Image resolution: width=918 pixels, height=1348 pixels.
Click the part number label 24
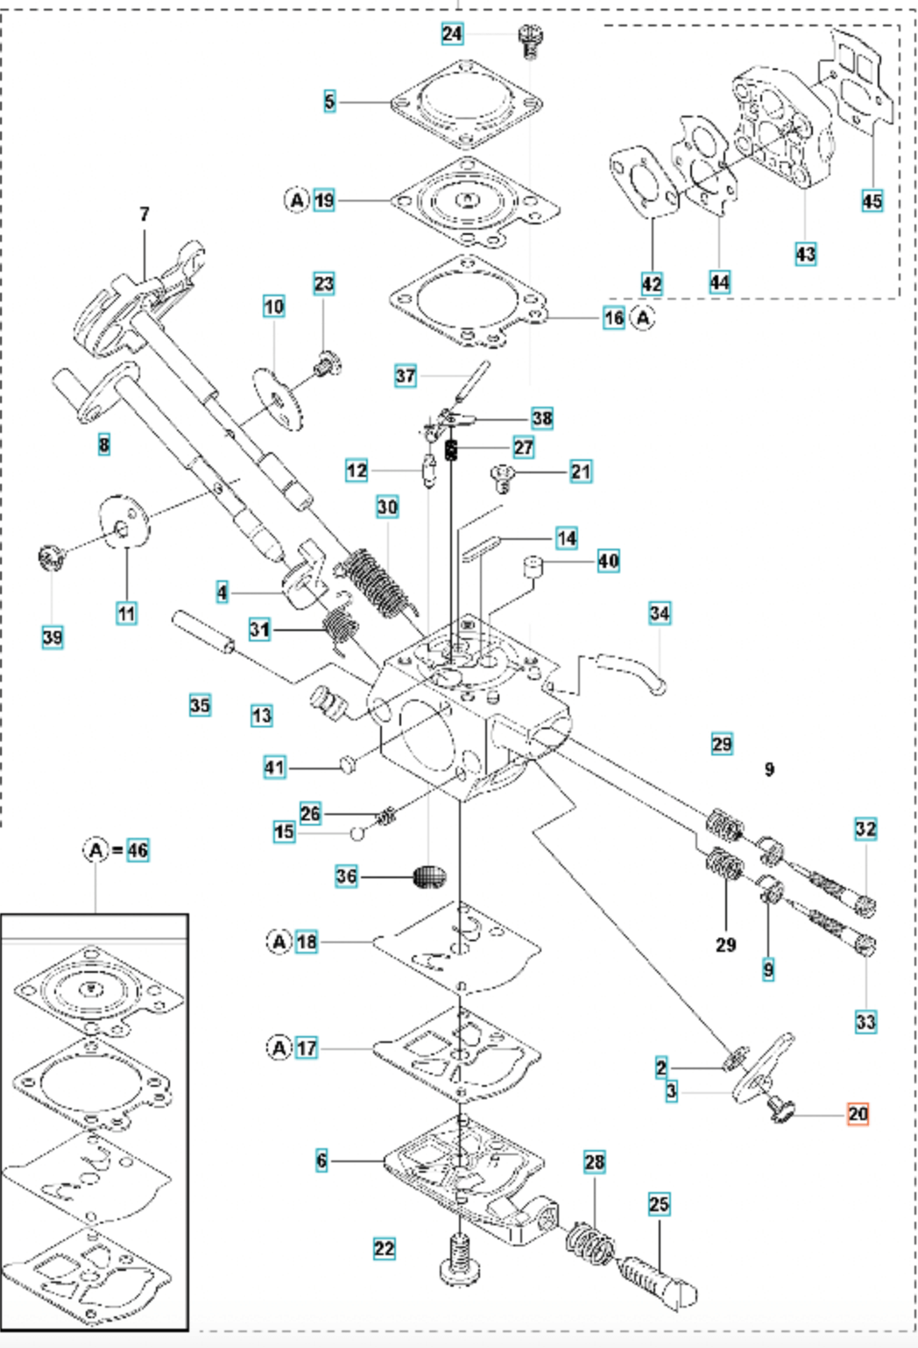click(x=452, y=33)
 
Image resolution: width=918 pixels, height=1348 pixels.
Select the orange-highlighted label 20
click(x=858, y=1114)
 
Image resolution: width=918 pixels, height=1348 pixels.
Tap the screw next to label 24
click(x=529, y=41)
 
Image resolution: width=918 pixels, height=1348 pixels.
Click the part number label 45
click(x=872, y=201)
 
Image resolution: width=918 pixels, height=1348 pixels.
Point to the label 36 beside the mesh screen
click(x=346, y=876)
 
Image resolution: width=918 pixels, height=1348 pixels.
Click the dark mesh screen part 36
click(x=430, y=876)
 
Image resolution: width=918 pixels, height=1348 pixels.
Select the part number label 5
click(x=329, y=101)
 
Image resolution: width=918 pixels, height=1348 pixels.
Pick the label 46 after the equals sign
click(x=138, y=850)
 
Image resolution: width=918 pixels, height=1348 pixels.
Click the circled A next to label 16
click(x=643, y=317)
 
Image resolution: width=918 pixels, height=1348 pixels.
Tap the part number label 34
click(x=660, y=614)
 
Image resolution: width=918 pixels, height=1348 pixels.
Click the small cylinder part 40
click(x=532, y=566)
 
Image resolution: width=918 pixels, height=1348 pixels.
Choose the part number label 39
click(x=53, y=636)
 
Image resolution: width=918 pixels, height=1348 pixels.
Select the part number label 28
click(x=594, y=1162)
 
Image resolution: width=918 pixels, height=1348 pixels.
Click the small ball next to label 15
click(x=357, y=834)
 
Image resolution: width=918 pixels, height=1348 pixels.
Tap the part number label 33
click(x=865, y=1021)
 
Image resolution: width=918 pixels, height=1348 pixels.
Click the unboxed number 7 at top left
click(x=144, y=214)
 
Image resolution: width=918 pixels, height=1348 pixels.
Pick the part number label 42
click(x=652, y=283)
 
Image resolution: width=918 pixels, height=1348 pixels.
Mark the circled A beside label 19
click(x=297, y=200)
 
